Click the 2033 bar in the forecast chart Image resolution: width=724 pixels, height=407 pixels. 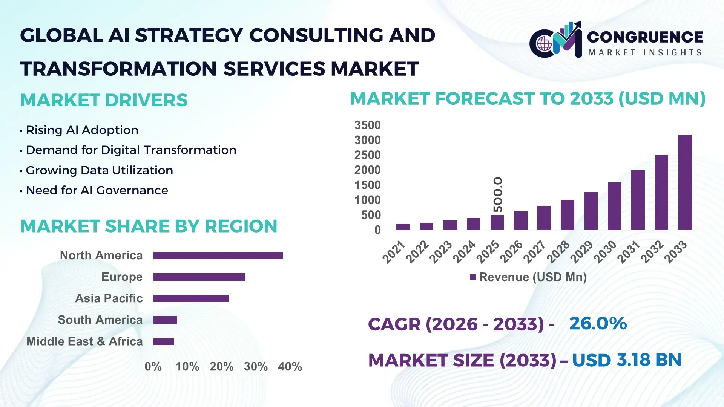[x=685, y=182]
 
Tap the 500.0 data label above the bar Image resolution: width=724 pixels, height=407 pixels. [x=498, y=194]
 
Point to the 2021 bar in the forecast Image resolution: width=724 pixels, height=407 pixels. [x=403, y=227]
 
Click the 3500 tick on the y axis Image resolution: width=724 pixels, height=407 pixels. [x=367, y=125]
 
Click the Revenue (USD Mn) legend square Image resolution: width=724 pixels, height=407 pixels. [x=473, y=277]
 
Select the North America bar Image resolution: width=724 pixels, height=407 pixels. [x=218, y=256]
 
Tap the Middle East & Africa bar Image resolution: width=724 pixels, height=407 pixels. [x=163, y=341]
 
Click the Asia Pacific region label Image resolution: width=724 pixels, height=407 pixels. [x=109, y=298]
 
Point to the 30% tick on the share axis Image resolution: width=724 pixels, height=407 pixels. [x=256, y=366]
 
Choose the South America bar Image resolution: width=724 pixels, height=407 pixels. [x=165, y=320]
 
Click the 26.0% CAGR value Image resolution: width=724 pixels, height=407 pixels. [x=598, y=323]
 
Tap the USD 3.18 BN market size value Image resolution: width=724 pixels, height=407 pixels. [x=627, y=360]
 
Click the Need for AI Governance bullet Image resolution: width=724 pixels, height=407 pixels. [x=97, y=190]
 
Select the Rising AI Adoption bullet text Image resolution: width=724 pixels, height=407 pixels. [x=82, y=130]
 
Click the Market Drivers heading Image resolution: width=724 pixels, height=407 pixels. [x=104, y=100]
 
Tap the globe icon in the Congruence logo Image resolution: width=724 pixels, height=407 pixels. [x=544, y=44]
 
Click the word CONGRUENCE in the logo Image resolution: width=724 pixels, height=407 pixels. [x=645, y=37]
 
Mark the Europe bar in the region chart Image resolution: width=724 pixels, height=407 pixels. [x=199, y=277]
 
